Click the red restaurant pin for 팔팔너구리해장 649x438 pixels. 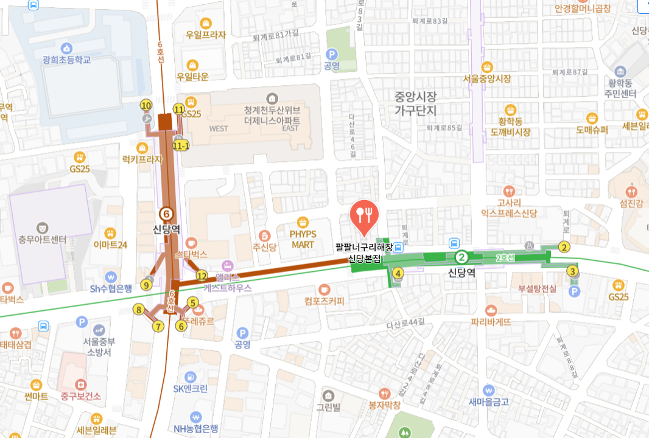pyautogui.click(x=364, y=215)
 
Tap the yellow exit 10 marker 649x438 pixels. pyautogui.click(x=146, y=105)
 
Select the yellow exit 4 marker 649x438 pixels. pyautogui.click(x=398, y=274)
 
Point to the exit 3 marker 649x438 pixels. pyautogui.click(x=572, y=271)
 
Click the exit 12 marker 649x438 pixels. pyautogui.click(x=202, y=276)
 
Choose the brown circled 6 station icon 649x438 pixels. pyautogui.click(x=166, y=214)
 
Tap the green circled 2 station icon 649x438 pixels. pyautogui.click(x=461, y=257)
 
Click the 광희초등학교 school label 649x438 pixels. pyautogui.click(x=66, y=60)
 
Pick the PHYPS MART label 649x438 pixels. pyautogui.click(x=303, y=239)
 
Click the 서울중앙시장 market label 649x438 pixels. pyautogui.click(x=486, y=78)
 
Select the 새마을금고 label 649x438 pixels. pyautogui.click(x=488, y=401)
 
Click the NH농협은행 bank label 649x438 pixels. pyautogui.click(x=195, y=428)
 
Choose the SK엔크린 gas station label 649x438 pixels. pyautogui.click(x=190, y=388)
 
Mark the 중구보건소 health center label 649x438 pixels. pyautogui.click(x=80, y=395)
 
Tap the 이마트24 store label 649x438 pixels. pyautogui.click(x=110, y=245)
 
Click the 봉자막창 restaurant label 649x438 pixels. pyautogui.click(x=384, y=405)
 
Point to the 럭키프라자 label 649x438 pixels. pyautogui.click(x=142, y=159)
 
